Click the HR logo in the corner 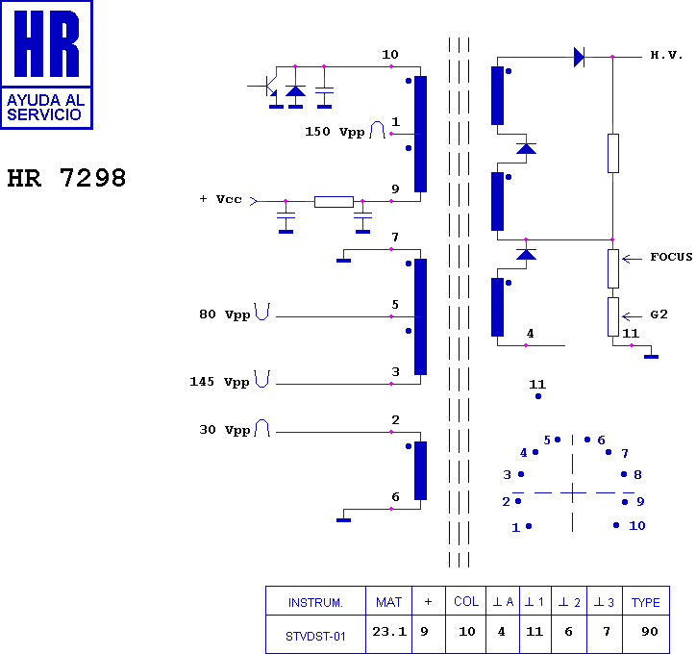(x=46, y=64)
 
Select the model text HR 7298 (x=66, y=178)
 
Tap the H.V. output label (x=666, y=55)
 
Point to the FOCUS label (x=671, y=257)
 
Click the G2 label (x=659, y=314)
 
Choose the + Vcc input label (x=220, y=199)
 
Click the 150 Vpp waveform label (x=335, y=132)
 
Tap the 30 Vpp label (x=225, y=430)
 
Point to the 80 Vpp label (x=225, y=314)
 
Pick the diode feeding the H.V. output (x=580, y=58)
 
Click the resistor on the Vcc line (x=334, y=202)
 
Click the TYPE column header (x=646, y=602)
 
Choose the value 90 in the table (x=650, y=631)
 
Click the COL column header (x=466, y=601)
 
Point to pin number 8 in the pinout (x=638, y=474)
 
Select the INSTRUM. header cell (x=315, y=602)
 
